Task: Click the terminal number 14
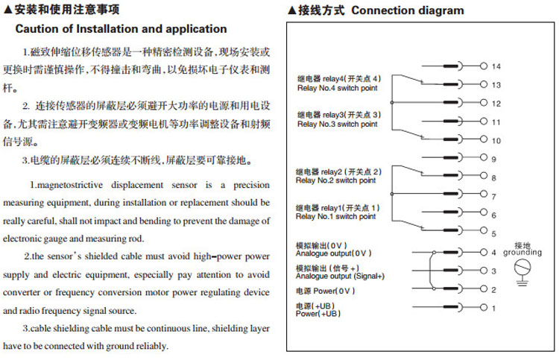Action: (496, 66)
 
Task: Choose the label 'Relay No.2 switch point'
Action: (335, 180)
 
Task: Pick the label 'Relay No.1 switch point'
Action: (335, 217)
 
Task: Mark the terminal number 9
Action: (493, 158)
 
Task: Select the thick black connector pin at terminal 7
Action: (450, 196)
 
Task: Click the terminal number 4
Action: (493, 253)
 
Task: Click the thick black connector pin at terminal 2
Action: (450, 289)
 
